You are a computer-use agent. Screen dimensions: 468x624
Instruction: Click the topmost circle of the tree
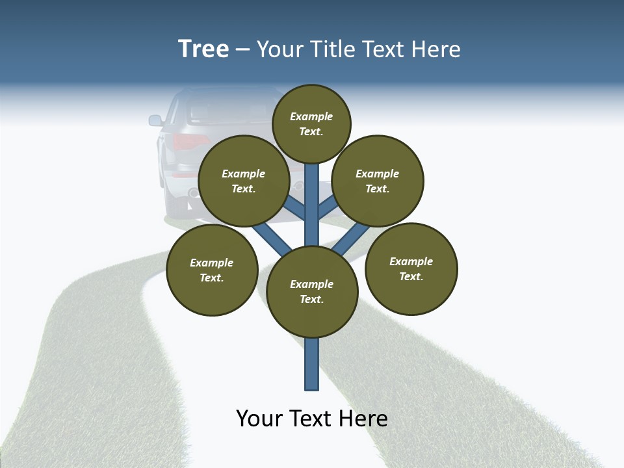click(311, 123)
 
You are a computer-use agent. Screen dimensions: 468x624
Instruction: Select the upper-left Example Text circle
click(244, 181)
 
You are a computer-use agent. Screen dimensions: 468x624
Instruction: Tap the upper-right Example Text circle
click(378, 181)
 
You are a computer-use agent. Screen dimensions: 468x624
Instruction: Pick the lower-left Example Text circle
click(212, 270)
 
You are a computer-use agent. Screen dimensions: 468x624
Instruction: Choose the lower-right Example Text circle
click(411, 268)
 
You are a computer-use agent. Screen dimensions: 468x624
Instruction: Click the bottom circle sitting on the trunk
click(312, 292)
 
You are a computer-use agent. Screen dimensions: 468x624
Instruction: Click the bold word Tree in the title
click(203, 49)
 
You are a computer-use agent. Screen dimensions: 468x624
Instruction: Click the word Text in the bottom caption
click(311, 419)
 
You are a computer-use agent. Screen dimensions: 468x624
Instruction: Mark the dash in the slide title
click(242, 50)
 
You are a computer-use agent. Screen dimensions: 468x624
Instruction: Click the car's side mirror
click(155, 120)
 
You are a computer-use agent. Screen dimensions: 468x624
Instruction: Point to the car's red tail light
click(181, 142)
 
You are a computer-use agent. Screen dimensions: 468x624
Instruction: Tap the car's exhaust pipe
click(193, 193)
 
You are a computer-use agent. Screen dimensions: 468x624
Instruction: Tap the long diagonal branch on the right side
click(352, 238)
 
